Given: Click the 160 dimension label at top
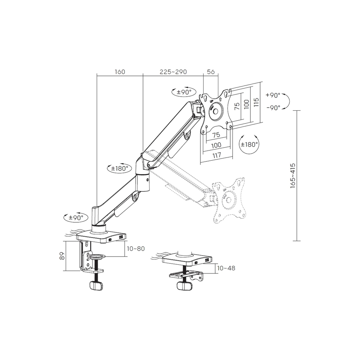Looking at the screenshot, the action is pos(120,72).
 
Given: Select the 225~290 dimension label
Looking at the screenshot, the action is pos(173,72).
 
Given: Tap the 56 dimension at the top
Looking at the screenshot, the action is pos(211,72).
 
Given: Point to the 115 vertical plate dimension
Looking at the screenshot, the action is pos(256,102).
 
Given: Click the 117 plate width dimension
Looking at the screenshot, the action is pos(217,155).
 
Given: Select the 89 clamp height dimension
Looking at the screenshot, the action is pos(62,256).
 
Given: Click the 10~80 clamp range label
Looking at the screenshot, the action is pos(136,249).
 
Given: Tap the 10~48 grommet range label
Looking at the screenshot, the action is pos(226,268).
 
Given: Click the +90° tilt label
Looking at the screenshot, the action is pos(273,95).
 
